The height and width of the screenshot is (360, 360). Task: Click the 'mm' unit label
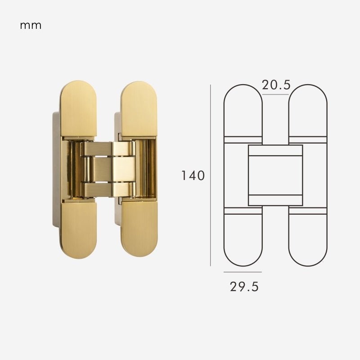click(x=31, y=26)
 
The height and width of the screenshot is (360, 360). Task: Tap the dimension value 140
click(x=193, y=175)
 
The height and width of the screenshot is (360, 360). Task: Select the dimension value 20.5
click(x=276, y=85)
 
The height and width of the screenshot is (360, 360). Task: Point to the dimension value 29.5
click(x=244, y=287)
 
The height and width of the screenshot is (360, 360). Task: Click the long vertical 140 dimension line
click(x=210, y=175)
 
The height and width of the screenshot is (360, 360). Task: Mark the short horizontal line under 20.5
click(x=275, y=94)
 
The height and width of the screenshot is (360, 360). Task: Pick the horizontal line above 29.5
click(x=243, y=272)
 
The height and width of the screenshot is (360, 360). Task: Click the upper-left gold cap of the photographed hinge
click(x=78, y=108)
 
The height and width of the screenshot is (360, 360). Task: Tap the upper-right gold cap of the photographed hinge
click(x=139, y=108)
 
